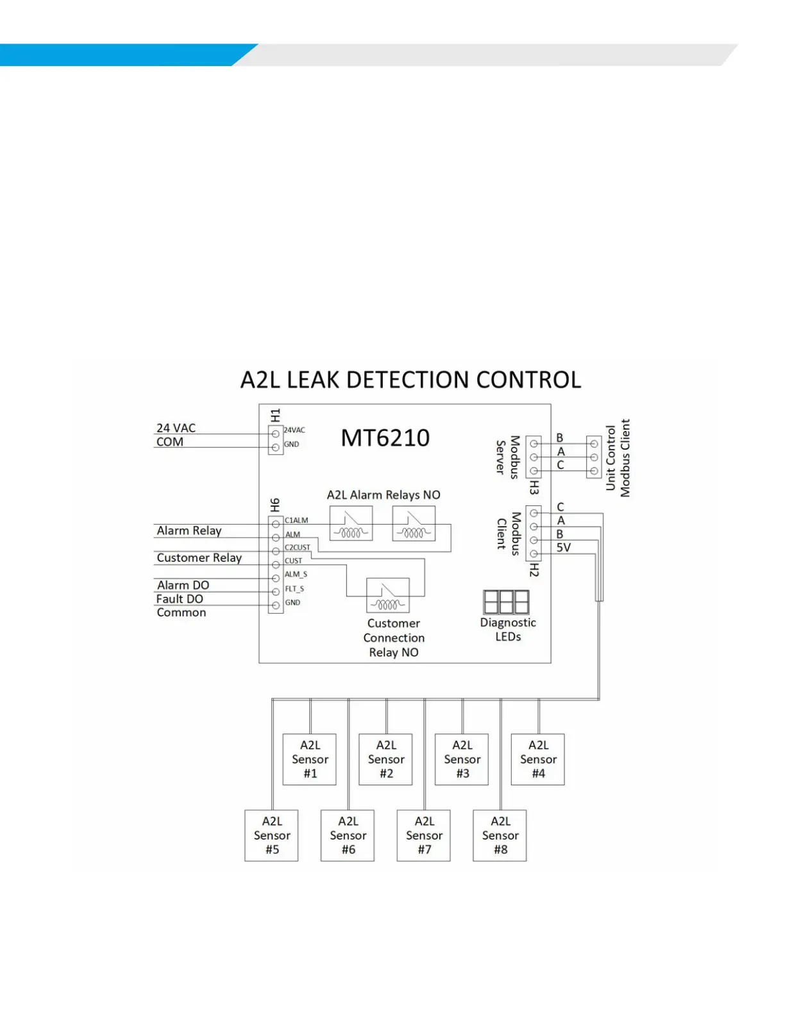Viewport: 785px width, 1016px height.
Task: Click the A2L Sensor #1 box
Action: click(x=310, y=759)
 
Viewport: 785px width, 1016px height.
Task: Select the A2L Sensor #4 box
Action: click(x=538, y=759)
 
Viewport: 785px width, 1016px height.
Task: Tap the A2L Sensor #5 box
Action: click(x=272, y=835)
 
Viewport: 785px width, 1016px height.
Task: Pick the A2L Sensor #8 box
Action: click(x=500, y=835)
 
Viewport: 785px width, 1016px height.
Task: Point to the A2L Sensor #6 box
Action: click(x=348, y=835)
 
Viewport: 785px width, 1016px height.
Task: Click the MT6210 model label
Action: click(x=385, y=438)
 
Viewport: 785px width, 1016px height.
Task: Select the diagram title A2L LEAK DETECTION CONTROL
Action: click(x=410, y=380)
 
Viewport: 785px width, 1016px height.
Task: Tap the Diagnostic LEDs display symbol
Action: click(x=506, y=602)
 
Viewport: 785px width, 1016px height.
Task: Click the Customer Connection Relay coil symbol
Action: click(x=387, y=596)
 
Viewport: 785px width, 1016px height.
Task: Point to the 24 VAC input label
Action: click(x=176, y=428)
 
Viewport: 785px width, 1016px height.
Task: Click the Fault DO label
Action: click(x=180, y=599)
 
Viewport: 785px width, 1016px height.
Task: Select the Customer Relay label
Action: click(x=199, y=558)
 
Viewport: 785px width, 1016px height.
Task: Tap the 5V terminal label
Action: click(x=563, y=548)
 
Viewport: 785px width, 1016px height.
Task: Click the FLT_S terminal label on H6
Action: click(x=294, y=589)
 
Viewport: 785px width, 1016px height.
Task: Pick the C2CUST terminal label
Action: click(x=298, y=548)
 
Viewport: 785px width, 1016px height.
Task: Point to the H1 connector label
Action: click(x=275, y=415)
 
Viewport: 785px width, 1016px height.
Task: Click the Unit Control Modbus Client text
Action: click(x=618, y=458)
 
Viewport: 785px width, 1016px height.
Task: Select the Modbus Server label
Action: click(x=507, y=457)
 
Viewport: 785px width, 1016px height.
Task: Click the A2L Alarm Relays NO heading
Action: click(x=384, y=495)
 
